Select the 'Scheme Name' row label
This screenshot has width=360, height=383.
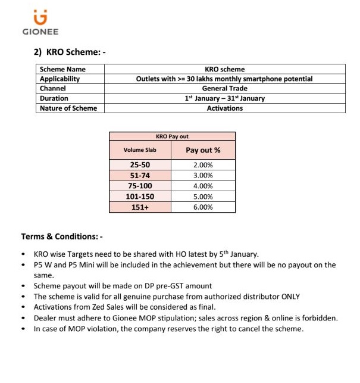point(62,70)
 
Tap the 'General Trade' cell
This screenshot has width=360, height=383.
point(224,89)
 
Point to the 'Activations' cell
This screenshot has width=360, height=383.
point(224,108)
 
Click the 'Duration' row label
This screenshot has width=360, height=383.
point(54,98)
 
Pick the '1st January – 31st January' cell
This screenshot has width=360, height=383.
point(224,98)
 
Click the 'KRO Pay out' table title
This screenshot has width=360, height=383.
point(172,136)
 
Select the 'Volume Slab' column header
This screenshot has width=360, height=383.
point(140,150)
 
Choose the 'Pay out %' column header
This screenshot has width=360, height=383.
point(203,150)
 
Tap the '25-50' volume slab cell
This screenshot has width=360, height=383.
point(140,164)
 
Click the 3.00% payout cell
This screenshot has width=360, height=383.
point(203,175)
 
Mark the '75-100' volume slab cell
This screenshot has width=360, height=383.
point(140,186)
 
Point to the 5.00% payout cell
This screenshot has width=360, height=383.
point(203,197)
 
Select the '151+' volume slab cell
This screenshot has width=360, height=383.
point(140,207)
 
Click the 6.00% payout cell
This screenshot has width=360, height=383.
point(203,207)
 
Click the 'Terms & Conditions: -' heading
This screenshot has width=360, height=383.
point(62,236)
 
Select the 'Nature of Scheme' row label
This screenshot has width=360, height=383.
point(68,108)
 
